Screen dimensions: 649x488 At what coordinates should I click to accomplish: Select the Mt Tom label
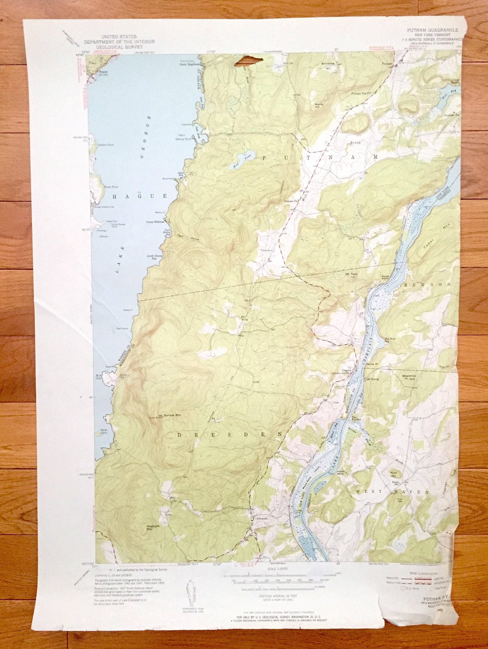coord(351,274)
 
